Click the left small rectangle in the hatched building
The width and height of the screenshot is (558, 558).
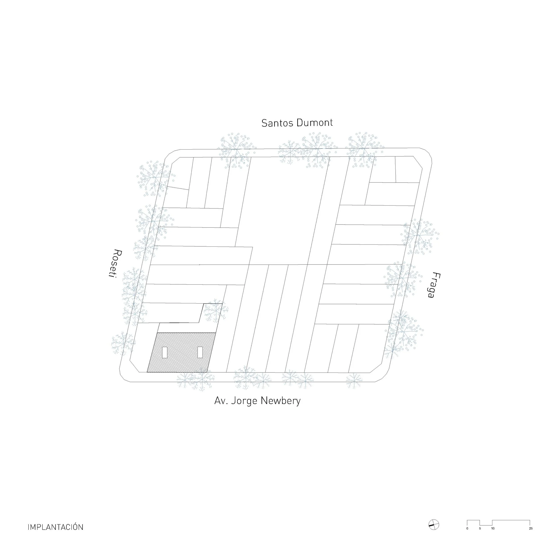coord(165,352)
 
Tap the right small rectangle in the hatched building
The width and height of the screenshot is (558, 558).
coord(200,352)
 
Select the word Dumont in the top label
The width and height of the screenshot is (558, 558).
coord(315,123)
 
